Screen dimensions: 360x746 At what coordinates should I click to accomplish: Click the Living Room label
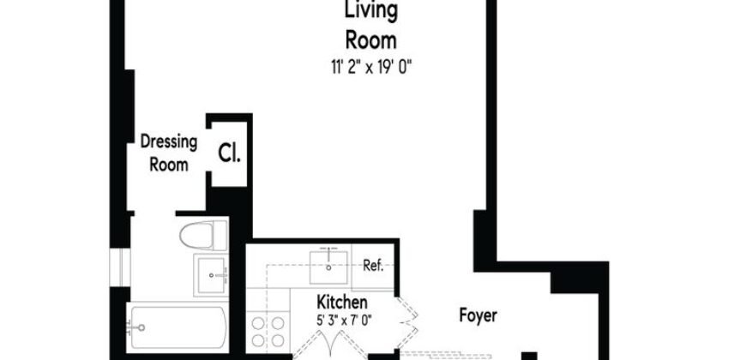pos(370,26)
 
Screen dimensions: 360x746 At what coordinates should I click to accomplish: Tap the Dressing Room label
pos(169,153)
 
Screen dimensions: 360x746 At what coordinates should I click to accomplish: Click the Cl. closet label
pos(229,154)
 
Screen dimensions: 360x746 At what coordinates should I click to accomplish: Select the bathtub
pos(178,327)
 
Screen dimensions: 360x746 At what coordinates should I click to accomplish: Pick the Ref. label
pos(372,265)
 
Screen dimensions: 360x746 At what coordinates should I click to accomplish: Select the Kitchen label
pos(343,303)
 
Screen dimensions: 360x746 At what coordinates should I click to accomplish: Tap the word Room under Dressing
pos(169,164)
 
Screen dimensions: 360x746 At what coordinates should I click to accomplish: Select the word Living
pos(370,12)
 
